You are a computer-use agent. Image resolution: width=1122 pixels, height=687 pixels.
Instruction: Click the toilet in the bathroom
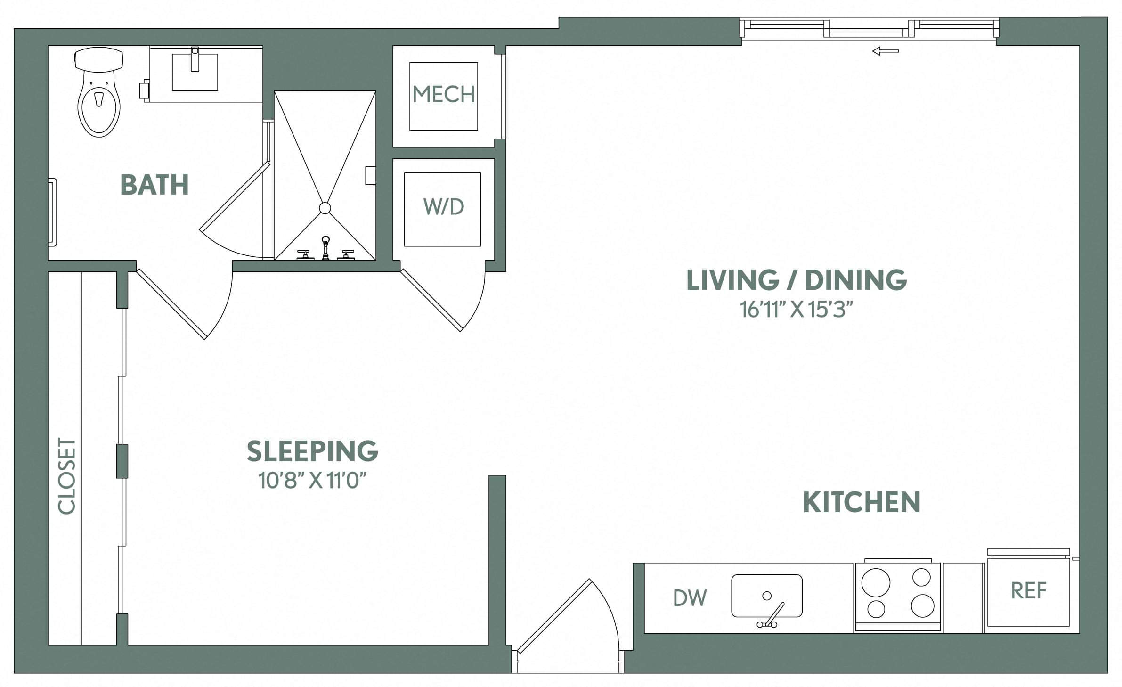pos(98,94)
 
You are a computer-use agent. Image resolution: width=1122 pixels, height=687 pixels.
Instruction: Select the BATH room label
pos(154,185)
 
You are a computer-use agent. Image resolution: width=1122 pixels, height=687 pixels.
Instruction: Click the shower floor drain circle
pos(325,208)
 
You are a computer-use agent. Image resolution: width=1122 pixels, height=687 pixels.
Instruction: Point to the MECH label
pos(443,95)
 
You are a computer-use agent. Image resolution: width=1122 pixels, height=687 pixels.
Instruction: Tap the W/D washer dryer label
pos(443,207)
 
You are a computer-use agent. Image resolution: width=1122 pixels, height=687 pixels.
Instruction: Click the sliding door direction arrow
pos(885,51)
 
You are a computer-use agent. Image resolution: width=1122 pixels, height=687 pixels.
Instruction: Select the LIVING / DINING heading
pos(797,280)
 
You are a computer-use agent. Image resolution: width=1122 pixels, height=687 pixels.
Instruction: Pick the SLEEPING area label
pos(312,451)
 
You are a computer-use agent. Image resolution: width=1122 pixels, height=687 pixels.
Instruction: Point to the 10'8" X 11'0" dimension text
pos(312,481)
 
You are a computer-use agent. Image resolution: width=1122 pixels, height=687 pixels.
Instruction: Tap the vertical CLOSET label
pos(66,476)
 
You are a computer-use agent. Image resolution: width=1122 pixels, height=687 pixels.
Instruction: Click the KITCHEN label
pos(861,502)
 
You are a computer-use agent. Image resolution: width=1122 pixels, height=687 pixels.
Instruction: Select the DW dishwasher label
pos(690,598)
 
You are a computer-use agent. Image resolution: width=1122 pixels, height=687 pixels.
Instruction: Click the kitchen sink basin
pos(766,596)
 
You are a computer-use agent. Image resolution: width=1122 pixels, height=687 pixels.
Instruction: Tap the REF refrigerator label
pos(1028,590)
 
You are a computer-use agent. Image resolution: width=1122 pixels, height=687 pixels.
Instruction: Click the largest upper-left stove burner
pos(876,583)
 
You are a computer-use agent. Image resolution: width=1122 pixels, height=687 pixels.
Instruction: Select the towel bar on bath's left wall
pos(52,212)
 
